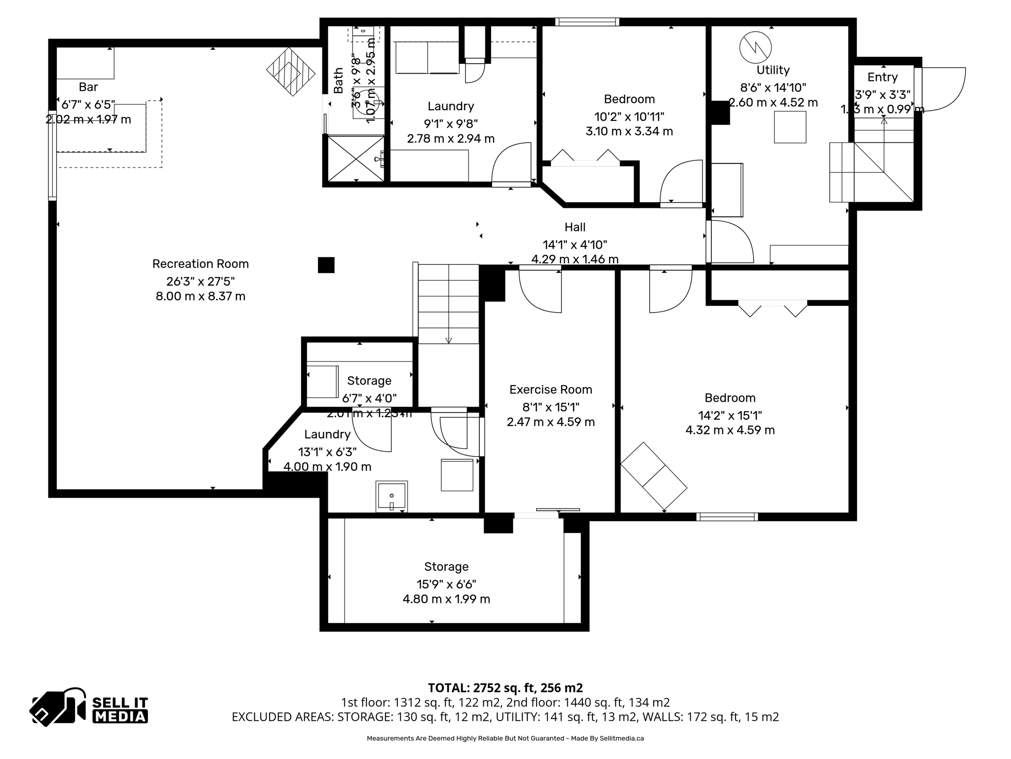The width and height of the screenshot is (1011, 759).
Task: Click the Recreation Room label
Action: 200,264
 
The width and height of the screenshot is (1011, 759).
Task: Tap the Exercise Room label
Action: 550,390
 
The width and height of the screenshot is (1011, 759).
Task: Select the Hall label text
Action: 575,227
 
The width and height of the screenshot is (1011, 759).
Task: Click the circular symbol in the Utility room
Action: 755,47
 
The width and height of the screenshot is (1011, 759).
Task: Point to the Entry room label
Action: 882,78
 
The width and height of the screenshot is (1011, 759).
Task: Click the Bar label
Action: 88,87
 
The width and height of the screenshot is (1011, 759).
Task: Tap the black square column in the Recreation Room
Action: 326,265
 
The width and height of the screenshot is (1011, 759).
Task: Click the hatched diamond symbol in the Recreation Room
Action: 291,72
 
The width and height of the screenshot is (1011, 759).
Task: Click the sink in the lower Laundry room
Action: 391,496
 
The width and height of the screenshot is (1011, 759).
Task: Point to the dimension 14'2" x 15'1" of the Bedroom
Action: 730,416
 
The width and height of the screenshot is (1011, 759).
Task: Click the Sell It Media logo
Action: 89,707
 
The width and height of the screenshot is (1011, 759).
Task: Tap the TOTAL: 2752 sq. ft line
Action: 505,688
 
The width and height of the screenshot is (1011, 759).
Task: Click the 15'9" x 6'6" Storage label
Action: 446,567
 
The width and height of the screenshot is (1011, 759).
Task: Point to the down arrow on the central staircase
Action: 448,340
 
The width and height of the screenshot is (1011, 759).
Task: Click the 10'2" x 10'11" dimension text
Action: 629,117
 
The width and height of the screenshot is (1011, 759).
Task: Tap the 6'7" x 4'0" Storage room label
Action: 369,381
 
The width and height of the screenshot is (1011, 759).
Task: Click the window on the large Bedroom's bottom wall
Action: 727,517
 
